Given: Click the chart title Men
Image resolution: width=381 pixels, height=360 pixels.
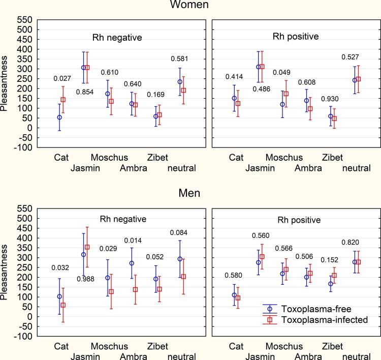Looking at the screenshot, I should click(190, 193).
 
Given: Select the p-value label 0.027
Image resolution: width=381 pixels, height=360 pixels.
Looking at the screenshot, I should click(62, 78).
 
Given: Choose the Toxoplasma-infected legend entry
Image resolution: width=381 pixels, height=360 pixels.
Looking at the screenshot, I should click(325, 319).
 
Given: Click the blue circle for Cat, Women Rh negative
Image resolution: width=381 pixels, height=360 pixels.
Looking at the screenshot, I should click(59, 117).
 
